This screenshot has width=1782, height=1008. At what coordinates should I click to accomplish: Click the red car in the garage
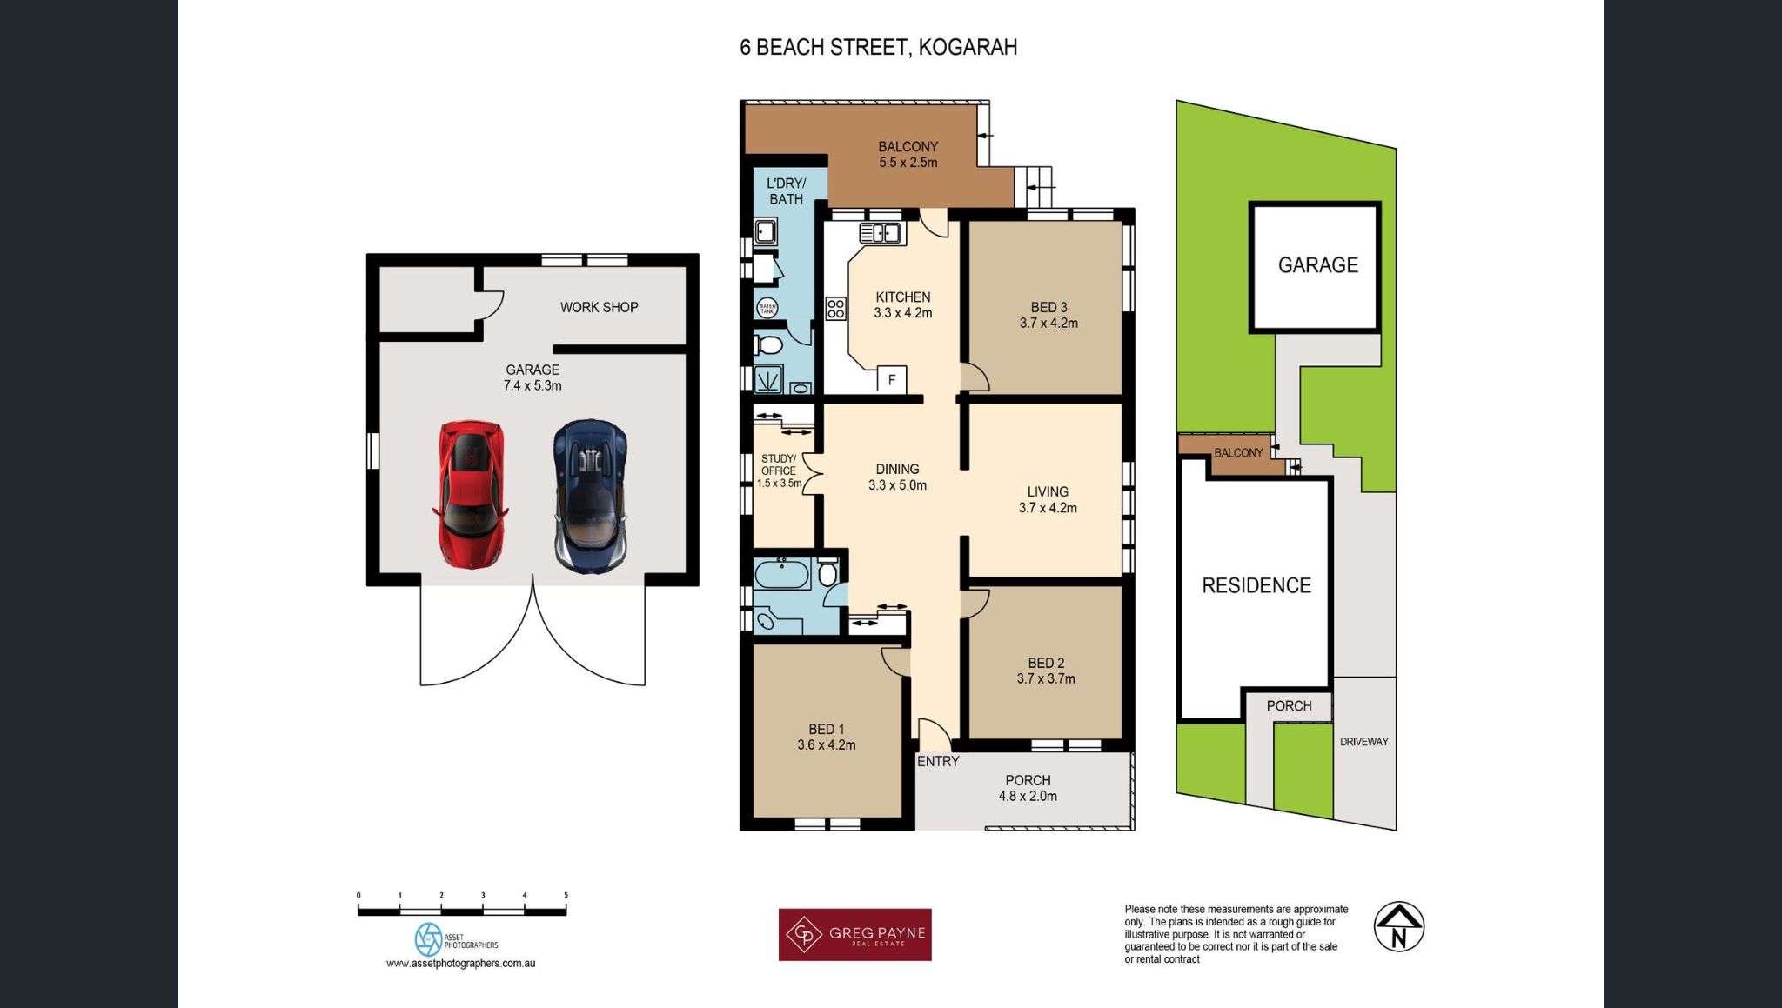(470, 494)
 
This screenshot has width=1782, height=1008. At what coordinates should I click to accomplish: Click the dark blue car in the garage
(590, 496)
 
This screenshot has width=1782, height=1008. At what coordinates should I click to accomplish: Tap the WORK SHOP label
(599, 307)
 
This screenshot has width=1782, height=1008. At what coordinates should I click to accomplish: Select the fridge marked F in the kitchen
(891, 380)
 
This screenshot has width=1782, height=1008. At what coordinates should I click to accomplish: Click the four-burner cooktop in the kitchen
(835, 309)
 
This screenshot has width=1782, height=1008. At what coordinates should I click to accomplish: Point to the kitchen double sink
(880, 233)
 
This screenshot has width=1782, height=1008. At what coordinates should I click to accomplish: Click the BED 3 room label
(1048, 307)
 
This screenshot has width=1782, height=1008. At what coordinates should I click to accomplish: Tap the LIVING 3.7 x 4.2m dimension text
(1048, 508)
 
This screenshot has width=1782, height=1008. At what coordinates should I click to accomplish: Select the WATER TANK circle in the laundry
(767, 308)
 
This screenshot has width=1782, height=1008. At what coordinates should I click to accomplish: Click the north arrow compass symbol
(1398, 926)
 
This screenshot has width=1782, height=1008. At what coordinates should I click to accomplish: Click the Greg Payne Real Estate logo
(854, 935)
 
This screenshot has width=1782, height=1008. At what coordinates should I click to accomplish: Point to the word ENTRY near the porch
(938, 761)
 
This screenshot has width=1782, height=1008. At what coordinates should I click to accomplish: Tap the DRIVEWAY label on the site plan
(1363, 742)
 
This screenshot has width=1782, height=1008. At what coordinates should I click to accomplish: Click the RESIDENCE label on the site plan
(1256, 585)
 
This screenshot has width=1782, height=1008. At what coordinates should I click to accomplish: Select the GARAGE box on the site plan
(1316, 266)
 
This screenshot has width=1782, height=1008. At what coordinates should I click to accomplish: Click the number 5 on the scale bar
(566, 895)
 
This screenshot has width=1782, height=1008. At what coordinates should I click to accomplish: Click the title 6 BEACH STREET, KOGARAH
(878, 47)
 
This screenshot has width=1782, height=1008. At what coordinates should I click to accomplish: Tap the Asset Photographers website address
(460, 964)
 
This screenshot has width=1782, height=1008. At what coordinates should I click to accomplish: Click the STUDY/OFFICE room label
(778, 464)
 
